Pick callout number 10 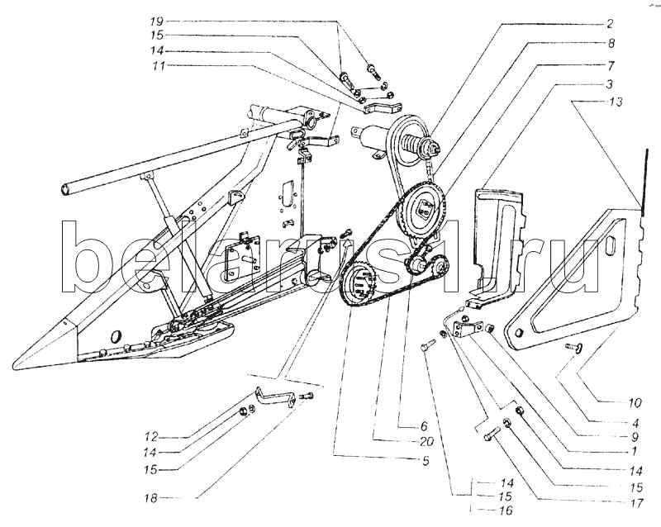(634, 404)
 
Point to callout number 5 (424, 460)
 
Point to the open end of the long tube (64, 192)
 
